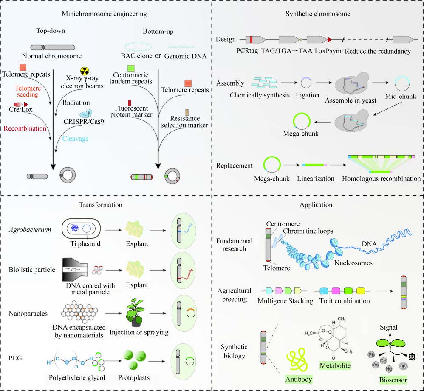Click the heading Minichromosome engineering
(x=104, y=14)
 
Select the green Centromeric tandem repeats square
(x=131, y=68)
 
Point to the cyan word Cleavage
(x=74, y=138)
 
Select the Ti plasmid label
(x=83, y=245)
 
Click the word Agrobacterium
(x=27, y=230)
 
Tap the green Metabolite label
(x=335, y=365)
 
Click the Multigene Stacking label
(x=285, y=301)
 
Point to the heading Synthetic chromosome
(x=318, y=14)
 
